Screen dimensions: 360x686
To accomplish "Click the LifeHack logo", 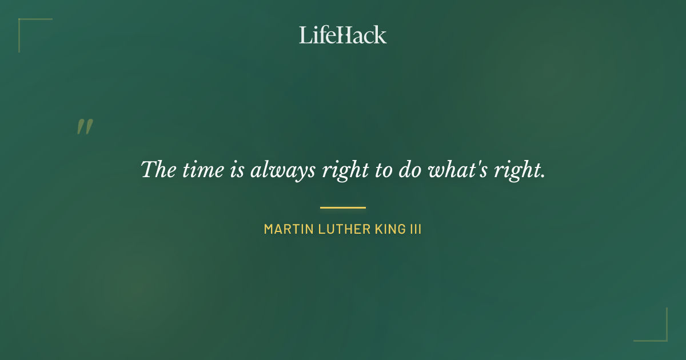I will (x=343, y=35).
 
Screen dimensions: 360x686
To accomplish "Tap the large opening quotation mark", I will (x=85, y=127).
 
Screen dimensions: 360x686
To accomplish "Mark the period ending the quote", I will (x=543, y=176).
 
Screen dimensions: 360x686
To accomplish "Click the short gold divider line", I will (x=343, y=207).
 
